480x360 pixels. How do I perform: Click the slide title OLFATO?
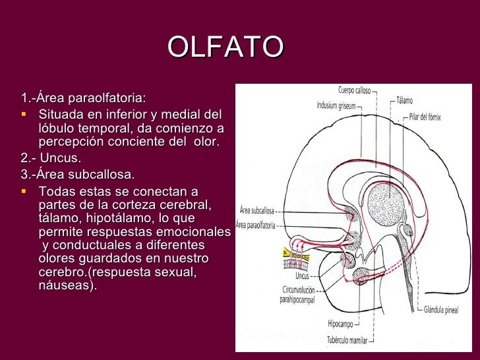225,47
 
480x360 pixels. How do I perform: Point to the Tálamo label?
404,101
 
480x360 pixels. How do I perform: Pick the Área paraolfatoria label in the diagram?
256,225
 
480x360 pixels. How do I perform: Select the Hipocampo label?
342,324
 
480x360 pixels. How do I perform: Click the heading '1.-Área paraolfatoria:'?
83,99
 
